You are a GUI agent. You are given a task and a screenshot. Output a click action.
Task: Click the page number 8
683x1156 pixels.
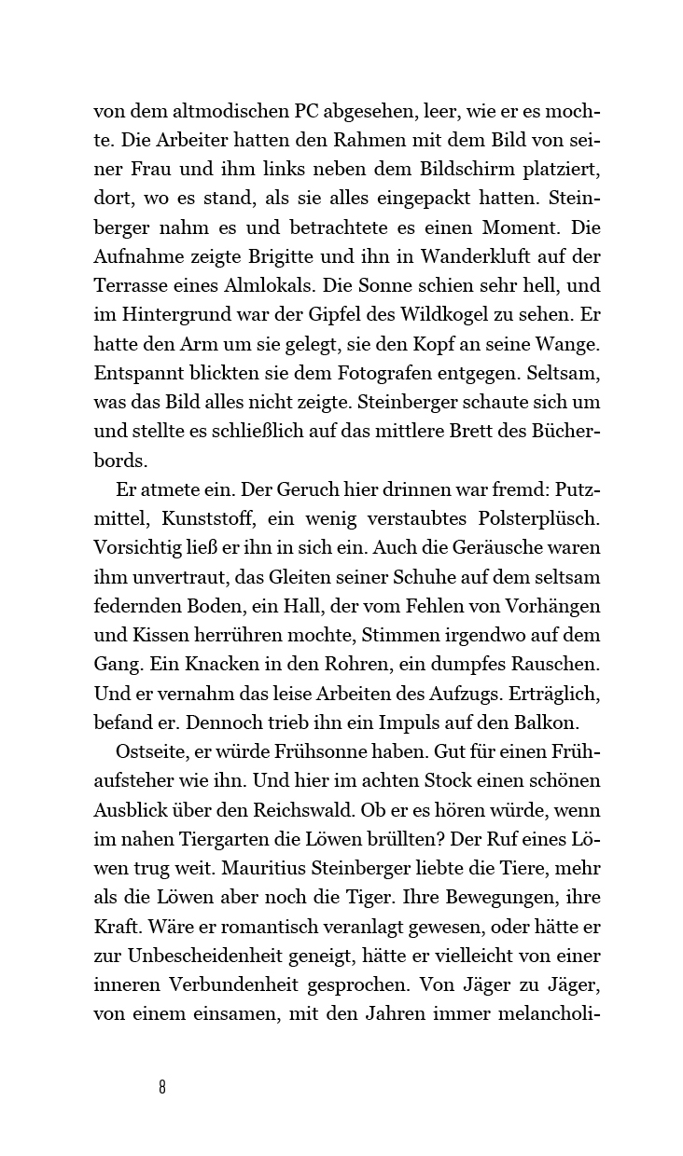click(162, 1087)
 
